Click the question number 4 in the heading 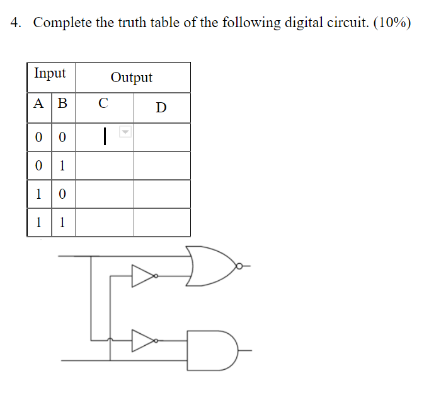tap(15, 23)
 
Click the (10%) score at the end tap(392, 23)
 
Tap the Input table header tap(50, 73)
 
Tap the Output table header tap(132, 78)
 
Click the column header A tap(39, 103)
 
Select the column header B tap(62, 103)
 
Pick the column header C tap(103, 103)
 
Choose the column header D tap(161, 107)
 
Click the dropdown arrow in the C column tap(125, 133)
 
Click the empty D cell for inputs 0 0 tap(162, 137)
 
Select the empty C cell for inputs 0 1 tap(104, 166)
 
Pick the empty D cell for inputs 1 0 tap(162, 194)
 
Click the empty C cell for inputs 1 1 tap(104, 223)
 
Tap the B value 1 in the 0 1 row tap(62, 166)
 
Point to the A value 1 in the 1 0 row tap(39, 194)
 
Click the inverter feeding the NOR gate tap(143, 276)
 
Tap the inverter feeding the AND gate tap(143, 341)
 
